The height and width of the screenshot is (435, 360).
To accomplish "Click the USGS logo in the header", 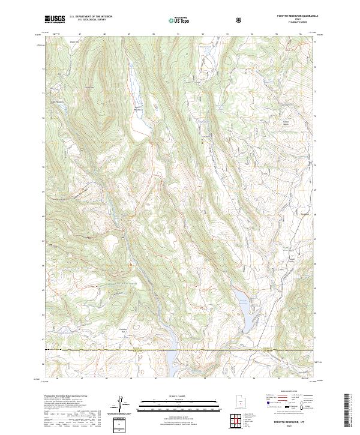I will tap(55, 19).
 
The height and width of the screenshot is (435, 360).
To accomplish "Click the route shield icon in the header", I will tap(239, 19).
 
